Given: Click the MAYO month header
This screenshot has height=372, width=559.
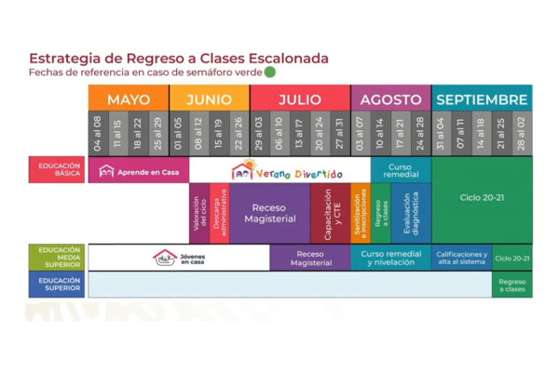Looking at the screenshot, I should click(129, 100).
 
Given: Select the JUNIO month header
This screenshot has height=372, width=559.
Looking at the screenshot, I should click(209, 100).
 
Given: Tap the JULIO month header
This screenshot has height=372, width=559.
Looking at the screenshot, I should click(300, 100).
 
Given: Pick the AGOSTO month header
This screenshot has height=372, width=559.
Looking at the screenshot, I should click(390, 100).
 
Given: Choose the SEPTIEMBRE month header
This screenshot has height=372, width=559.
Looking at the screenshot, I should click(482, 100).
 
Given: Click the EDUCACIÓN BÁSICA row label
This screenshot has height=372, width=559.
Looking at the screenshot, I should click(58, 170).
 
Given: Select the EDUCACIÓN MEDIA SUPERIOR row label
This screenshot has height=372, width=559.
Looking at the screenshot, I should click(58, 257).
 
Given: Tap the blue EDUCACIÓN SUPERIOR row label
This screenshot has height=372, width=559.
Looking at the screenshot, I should click(58, 285).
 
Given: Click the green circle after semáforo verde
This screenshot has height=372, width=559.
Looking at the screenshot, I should click(270, 72).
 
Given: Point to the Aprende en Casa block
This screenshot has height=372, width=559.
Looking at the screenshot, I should click(138, 171).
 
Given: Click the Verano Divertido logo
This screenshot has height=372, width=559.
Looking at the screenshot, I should click(287, 171).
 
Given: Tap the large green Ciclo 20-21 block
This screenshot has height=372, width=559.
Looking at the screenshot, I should click(482, 198).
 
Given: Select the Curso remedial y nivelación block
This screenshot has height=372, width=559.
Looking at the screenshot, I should click(390, 258).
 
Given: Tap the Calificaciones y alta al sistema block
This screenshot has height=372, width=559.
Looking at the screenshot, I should click(461, 258).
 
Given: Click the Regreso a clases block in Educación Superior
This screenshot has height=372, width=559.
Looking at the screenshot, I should click(511, 285).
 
